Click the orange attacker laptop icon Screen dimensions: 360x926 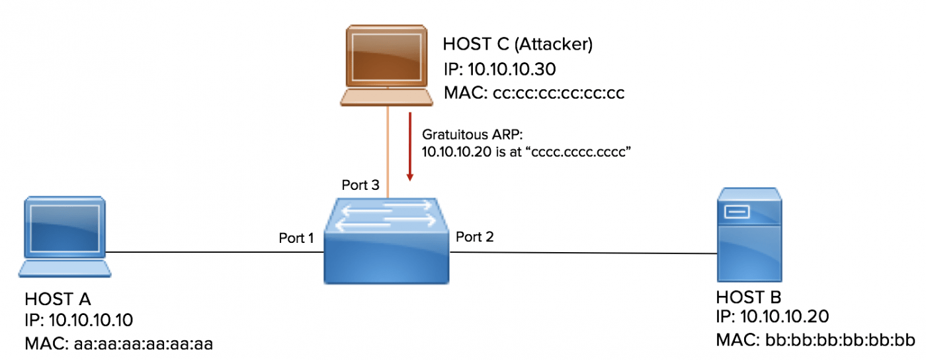[x=386, y=66]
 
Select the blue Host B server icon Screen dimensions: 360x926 [x=749, y=234]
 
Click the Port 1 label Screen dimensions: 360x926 [x=296, y=238]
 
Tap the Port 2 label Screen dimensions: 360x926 [x=474, y=236]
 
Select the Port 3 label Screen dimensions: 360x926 [x=360, y=185]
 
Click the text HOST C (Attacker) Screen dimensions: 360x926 [x=517, y=45]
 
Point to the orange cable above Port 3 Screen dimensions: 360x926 [x=388, y=152]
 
